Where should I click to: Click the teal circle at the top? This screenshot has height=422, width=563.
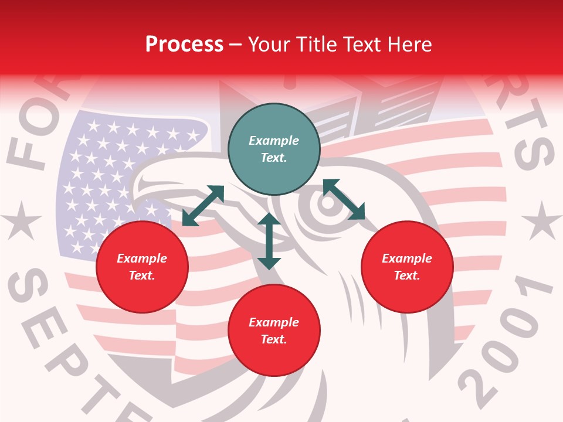click(274, 149)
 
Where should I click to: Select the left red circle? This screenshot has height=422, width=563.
click(142, 267)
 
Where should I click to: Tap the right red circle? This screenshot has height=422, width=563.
click(407, 267)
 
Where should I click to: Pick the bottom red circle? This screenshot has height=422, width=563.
click(274, 331)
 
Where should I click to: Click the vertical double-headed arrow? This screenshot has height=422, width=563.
click(269, 241)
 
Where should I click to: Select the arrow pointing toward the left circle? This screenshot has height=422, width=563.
click(203, 206)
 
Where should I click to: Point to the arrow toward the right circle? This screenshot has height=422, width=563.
click(344, 199)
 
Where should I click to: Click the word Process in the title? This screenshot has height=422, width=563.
click(184, 44)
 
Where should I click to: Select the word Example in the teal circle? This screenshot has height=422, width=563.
click(274, 141)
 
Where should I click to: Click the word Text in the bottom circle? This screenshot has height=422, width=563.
click(273, 339)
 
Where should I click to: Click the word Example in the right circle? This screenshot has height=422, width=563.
click(407, 258)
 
